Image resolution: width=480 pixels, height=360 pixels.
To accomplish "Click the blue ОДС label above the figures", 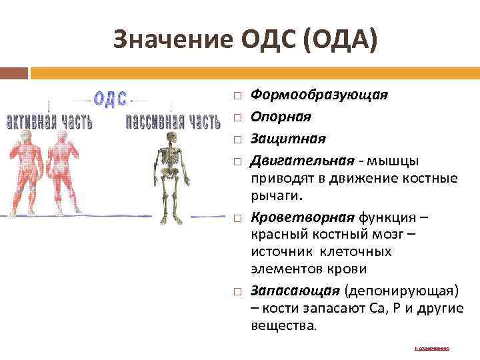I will click(111, 99).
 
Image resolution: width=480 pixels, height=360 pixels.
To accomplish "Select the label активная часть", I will click(49, 122).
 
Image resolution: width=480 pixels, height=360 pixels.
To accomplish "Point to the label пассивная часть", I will click(173, 122).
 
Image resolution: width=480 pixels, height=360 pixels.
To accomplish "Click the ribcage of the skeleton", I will click(171, 159).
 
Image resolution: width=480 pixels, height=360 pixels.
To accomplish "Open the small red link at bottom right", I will click(432, 348).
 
